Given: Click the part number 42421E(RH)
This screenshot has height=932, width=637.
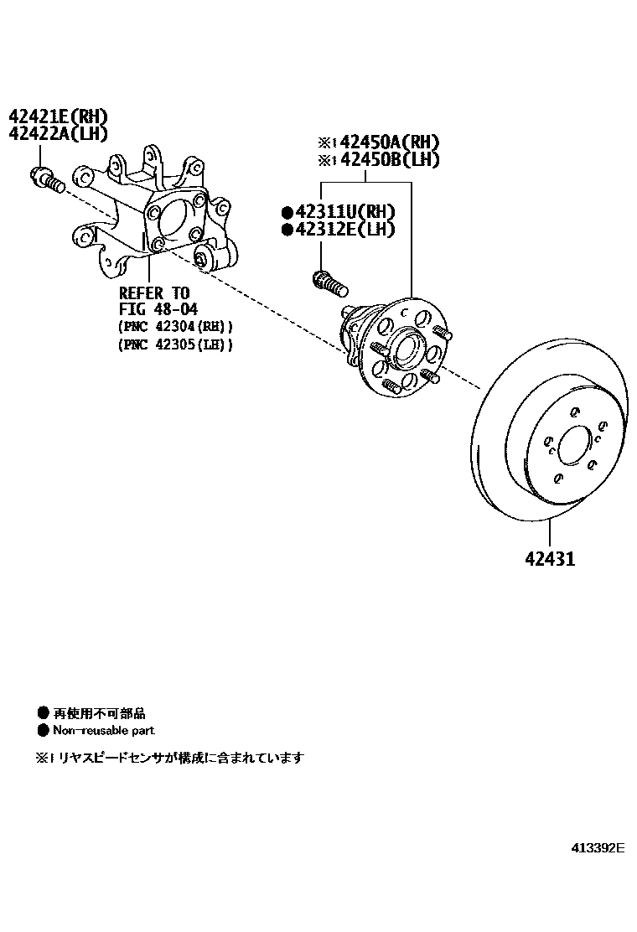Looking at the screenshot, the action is click(x=59, y=116).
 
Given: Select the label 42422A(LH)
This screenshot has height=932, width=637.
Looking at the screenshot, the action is click(x=59, y=134).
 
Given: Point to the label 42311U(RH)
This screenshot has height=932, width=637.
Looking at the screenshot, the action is click(x=344, y=212).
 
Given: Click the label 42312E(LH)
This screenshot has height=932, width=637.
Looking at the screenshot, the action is click(x=344, y=229).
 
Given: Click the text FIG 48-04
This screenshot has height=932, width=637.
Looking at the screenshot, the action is click(x=158, y=309).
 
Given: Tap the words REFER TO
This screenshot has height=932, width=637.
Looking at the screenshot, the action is click(x=155, y=293).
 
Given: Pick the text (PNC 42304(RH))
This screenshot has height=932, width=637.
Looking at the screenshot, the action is click(x=176, y=327).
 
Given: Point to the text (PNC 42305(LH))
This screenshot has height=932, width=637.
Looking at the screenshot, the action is click(x=176, y=344).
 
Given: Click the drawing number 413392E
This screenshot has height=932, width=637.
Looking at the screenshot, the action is click(x=598, y=847).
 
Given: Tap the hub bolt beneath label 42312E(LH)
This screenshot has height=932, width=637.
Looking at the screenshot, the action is click(x=329, y=282).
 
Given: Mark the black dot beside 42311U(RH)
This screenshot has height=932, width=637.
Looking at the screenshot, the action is click(x=287, y=212).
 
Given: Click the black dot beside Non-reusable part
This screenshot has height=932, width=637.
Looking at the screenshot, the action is click(x=44, y=731).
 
